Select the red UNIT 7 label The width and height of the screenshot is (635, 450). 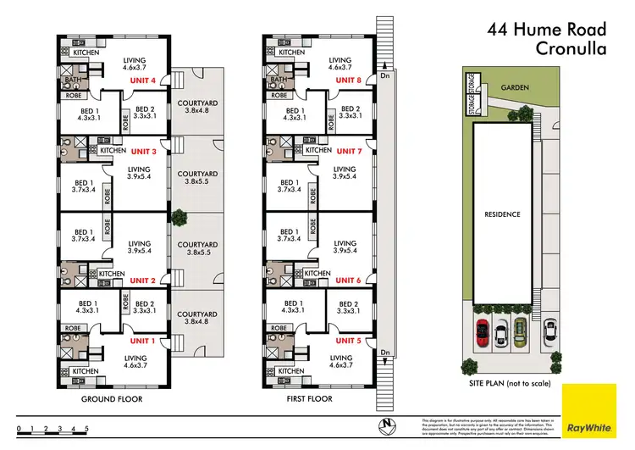349,151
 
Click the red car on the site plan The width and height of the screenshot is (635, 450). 482,332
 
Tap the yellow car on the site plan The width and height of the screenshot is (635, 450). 501,332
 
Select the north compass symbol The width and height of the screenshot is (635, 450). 385,423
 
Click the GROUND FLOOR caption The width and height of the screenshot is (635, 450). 111,398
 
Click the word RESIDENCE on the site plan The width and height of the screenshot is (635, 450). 504,214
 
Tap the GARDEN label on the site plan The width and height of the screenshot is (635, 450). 514,86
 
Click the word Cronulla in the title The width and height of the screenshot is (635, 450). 571,48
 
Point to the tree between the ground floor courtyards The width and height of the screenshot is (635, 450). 179,218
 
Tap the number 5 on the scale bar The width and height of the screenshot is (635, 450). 86,430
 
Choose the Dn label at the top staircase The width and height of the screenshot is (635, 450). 385,74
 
